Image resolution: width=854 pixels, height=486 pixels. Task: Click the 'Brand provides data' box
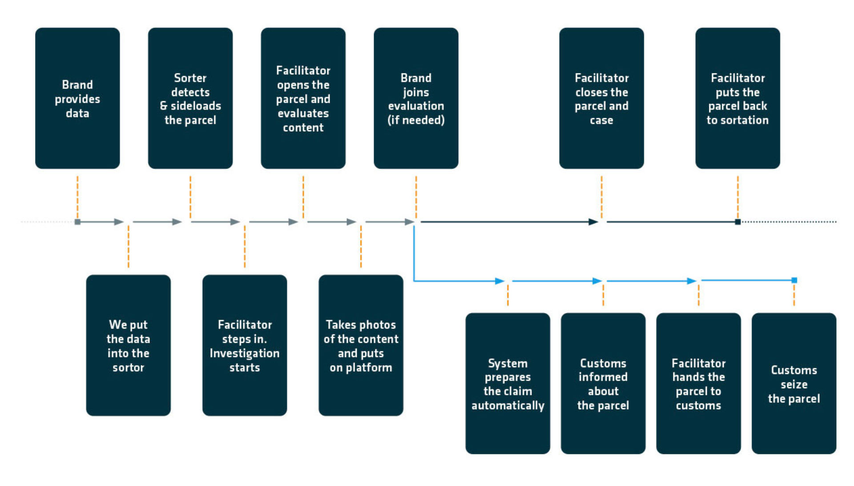pyautogui.click(x=77, y=98)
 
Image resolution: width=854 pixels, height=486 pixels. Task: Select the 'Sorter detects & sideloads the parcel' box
pyautogui.click(x=190, y=98)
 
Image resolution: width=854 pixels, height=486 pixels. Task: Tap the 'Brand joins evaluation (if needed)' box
pyautogui.click(x=416, y=98)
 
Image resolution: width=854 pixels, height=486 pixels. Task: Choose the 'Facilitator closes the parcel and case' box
pyautogui.click(x=601, y=98)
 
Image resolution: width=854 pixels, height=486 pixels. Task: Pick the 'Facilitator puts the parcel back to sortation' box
pyautogui.click(x=737, y=98)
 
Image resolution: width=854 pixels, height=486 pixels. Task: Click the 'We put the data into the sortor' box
pyautogui.click(x=128, y=345)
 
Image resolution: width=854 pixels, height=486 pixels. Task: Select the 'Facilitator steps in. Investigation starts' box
pyautogui.click(x=244, y=345)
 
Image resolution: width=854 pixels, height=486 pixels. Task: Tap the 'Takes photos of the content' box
pyautogui.click(x=361, y=345)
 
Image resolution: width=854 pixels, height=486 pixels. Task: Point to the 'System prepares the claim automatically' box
pyautogui.click(x=508, y=383)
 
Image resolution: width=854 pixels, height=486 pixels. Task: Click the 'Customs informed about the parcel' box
pyautogui.click(x=603, y=383)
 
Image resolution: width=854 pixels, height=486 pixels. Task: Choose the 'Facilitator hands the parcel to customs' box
pyautogui.click(x=698, y=383)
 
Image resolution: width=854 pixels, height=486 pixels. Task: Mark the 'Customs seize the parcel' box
pyautogui.click(x=794, y=383)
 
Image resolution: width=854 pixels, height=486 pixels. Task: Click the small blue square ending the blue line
pyautogui.click(x=794, y=280)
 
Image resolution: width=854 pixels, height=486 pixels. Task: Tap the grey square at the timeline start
pyautogui.click(x=77, y=221)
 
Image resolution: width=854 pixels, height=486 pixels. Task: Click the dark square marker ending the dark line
pyautogui.click(x=737, y=221)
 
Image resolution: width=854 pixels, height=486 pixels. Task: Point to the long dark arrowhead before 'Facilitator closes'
pyautogui.click(x=593, y=221)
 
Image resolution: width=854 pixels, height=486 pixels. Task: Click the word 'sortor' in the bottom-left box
pyautogui.click(x=128, y=368)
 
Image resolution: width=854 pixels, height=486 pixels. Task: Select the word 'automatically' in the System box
pyautogui.click(x=508, y=406)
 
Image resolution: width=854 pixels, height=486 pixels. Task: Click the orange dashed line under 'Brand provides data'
pyautogui.click(x=77, y=196)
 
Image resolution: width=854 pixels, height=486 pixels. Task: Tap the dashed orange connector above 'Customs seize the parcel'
pyautogui.click(x=794, y=295)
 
